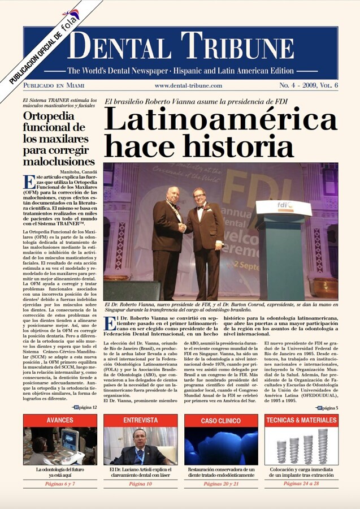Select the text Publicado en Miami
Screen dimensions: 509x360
click(54, 85)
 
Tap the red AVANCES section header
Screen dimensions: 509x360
click(60, 420)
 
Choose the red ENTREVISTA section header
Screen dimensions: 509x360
click(140, 420)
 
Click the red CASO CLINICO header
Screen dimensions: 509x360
click(221, 421)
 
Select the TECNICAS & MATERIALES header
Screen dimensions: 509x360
click(301, 420)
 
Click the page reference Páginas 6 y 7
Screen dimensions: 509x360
click(60, 485)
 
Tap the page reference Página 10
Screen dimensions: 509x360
click(140, 485)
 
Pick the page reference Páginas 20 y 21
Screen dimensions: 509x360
click(221, 485)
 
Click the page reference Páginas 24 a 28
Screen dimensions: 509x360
click(301, 485)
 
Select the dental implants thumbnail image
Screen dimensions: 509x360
click(301, 446)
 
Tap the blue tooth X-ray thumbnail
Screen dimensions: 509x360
click(221, 446)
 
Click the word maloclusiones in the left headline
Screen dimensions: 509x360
click(59, 162)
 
